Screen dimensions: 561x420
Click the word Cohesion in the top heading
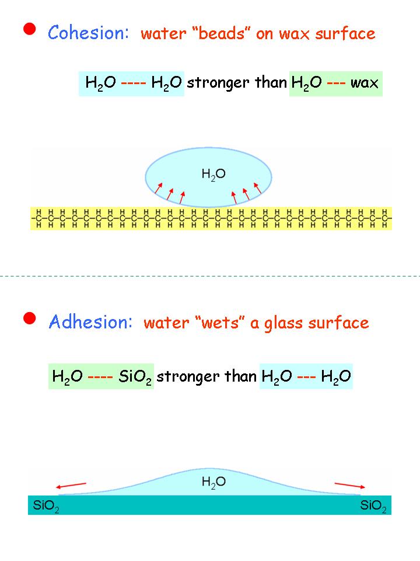coord(88,33)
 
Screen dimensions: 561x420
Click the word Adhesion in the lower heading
coord(90,321)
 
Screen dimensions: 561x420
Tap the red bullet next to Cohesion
coord(30,30)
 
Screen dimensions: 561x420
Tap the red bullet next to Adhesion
coord(30,318)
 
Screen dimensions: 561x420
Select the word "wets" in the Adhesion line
coord(222,323)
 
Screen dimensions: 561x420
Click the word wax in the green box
coord(365,83)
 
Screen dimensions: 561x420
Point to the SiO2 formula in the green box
coord(135,376)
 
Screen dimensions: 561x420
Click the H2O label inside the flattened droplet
coord(213,482)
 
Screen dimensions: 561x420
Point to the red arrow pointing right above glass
coord(351,485)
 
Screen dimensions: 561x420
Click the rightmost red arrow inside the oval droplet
coord(257,188)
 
